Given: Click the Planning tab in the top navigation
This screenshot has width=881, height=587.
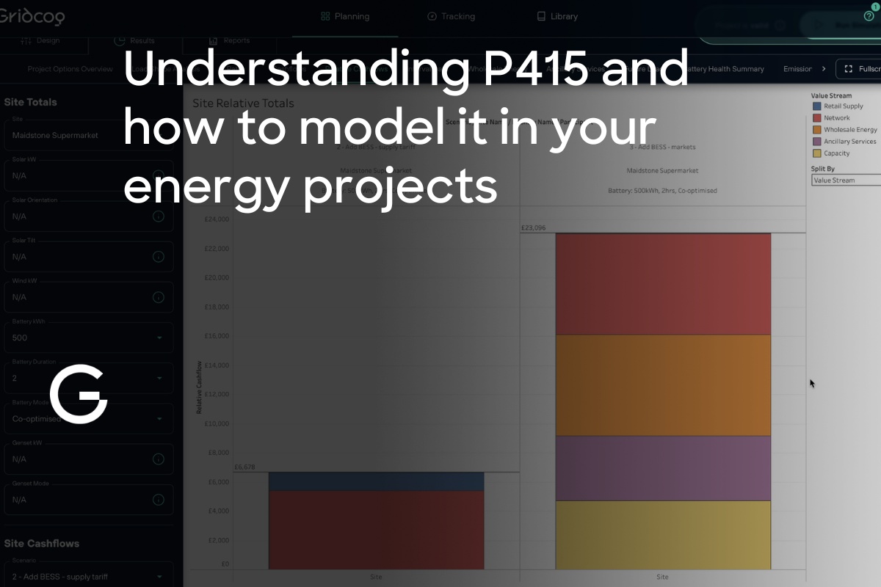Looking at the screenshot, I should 345,16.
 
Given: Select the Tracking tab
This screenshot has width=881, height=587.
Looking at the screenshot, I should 451,16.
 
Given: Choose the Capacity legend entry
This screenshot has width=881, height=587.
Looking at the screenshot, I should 836,153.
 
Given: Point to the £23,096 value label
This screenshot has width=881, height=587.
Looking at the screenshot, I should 533,228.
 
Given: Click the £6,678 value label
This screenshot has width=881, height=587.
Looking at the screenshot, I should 244,467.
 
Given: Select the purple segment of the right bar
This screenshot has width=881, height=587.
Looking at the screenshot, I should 663,468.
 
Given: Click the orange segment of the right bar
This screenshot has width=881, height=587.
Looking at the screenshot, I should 663,385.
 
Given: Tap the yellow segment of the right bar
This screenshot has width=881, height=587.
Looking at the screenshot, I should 663,534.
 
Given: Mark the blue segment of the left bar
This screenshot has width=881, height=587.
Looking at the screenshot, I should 376,481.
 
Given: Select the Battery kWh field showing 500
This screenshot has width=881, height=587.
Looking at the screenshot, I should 88,338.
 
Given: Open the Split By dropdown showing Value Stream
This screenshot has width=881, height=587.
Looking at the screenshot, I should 844,180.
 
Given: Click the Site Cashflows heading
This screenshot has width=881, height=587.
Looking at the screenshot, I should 42,544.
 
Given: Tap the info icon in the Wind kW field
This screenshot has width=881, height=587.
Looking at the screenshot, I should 158,297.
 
